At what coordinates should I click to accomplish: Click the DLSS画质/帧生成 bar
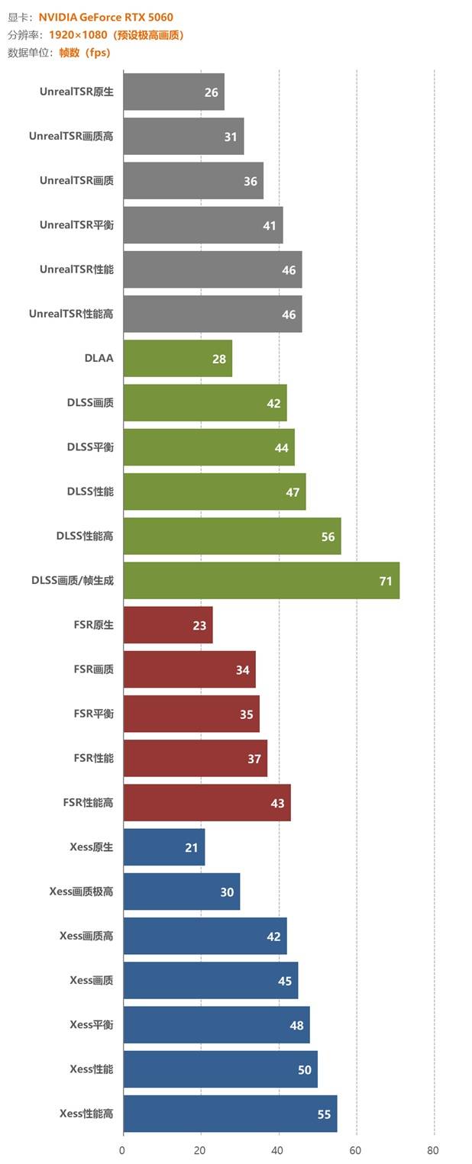tap(260, 581)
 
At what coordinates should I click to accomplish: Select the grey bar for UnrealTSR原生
tap(173, 92)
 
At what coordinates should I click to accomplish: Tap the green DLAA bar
tap(177, 358)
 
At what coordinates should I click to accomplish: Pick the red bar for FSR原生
tap(167, 625)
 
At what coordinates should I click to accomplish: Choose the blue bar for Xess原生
tap(163, 847)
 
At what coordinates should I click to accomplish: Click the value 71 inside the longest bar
tap(386, 582)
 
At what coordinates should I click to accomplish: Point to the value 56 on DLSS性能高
tap(328, 537)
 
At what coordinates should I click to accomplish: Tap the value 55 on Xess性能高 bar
tap(324, 1114)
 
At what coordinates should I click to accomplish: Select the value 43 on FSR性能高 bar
tap(277, 803)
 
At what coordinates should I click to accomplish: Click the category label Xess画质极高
tap(81, 892)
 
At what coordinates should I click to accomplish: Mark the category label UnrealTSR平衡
tap(76, 225)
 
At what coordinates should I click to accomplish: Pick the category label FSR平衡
tap(93, 714)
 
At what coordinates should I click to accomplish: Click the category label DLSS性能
tap(90, 492)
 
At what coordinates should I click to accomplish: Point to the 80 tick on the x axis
tap(434, 1150)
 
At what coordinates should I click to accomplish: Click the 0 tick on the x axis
tap(123, 1150)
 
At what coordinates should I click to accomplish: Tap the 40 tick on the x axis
tap(279, 1150)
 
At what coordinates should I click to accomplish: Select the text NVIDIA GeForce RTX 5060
tap(105, 18)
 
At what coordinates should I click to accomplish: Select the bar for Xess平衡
tap(216, 1025)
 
